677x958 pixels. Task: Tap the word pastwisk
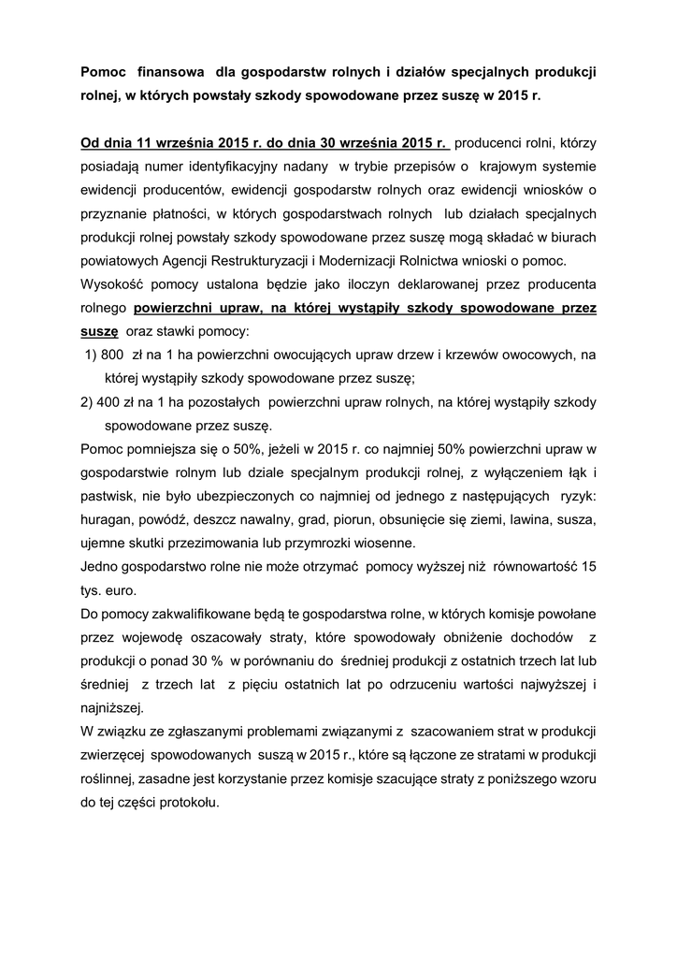[x=108, y=497]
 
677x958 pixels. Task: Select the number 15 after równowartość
[x=588, y=567]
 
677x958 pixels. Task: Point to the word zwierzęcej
[x=113, y=755]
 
